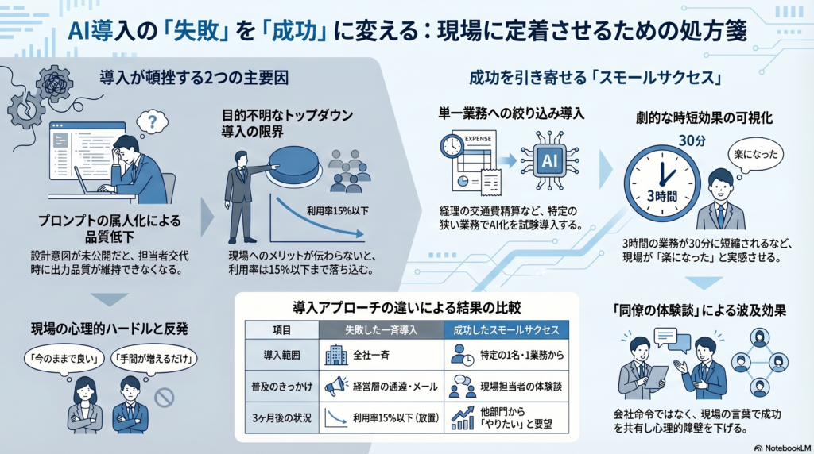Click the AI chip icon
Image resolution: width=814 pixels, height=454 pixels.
[548, 161]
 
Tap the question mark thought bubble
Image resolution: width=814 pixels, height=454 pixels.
[151, 121]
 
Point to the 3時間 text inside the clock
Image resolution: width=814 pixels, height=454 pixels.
[661, 195]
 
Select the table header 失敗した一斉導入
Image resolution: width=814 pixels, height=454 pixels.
[382, 329]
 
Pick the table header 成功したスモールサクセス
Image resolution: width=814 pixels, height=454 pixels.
[506, 329]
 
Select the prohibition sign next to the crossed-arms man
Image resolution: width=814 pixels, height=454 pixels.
[164, 397]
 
